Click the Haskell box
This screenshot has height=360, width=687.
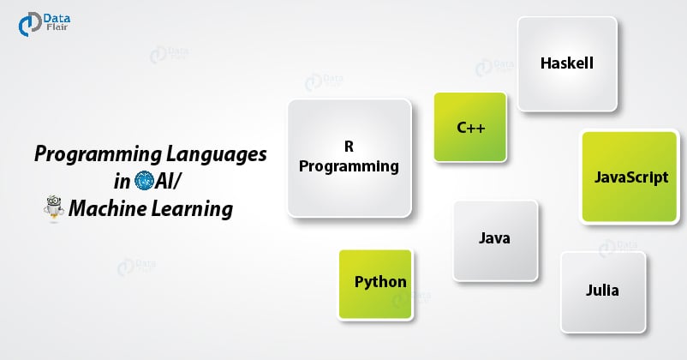(566, 64)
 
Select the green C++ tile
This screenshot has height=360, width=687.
(470, 128)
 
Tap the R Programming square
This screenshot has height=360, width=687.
(349, 157)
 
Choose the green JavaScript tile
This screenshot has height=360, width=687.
(631, 177)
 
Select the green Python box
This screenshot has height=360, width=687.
(376, 282)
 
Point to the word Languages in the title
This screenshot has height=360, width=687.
(216, 155)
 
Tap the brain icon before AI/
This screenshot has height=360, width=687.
(143, 181)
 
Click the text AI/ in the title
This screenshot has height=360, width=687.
(169, 181)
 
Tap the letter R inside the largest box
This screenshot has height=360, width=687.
(349, 146)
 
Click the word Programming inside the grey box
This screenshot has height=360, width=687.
(349, 166)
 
